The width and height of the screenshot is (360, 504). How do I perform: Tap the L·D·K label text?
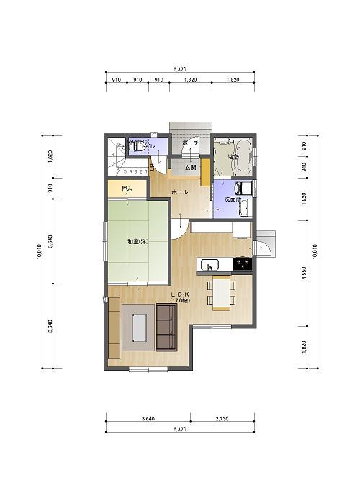point(180,294)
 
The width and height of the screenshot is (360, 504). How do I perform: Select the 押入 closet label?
point(127,189)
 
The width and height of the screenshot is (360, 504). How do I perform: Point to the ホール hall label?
point(179,192)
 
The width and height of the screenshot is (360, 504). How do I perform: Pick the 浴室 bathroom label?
point(233,156)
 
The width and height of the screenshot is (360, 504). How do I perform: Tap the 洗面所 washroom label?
point(232,199)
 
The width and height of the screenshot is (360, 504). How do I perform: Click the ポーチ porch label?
point(190,143)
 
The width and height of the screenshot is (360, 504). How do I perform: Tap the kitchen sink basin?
point(210,264)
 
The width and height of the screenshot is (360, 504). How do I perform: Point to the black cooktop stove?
point(243,264)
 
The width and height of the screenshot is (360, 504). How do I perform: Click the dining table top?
point(221,292)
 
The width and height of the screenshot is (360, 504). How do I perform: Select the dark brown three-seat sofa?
point(167,327)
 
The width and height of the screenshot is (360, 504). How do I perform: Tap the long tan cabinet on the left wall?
point(114,328)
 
